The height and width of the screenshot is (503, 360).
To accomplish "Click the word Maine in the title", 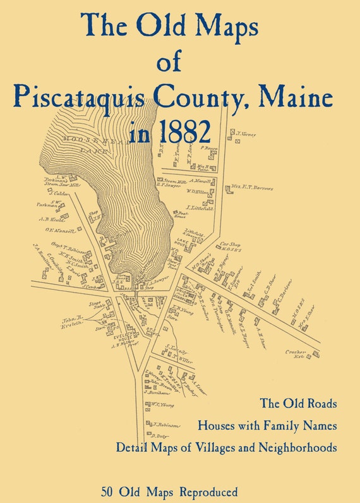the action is click(x=304, y=97).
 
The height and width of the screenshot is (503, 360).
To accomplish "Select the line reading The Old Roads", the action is click(x=298, y=403).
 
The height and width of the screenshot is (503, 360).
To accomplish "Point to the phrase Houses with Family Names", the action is click(x=267, y=425).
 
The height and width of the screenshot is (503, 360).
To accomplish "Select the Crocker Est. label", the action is click(x=296, y=354).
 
